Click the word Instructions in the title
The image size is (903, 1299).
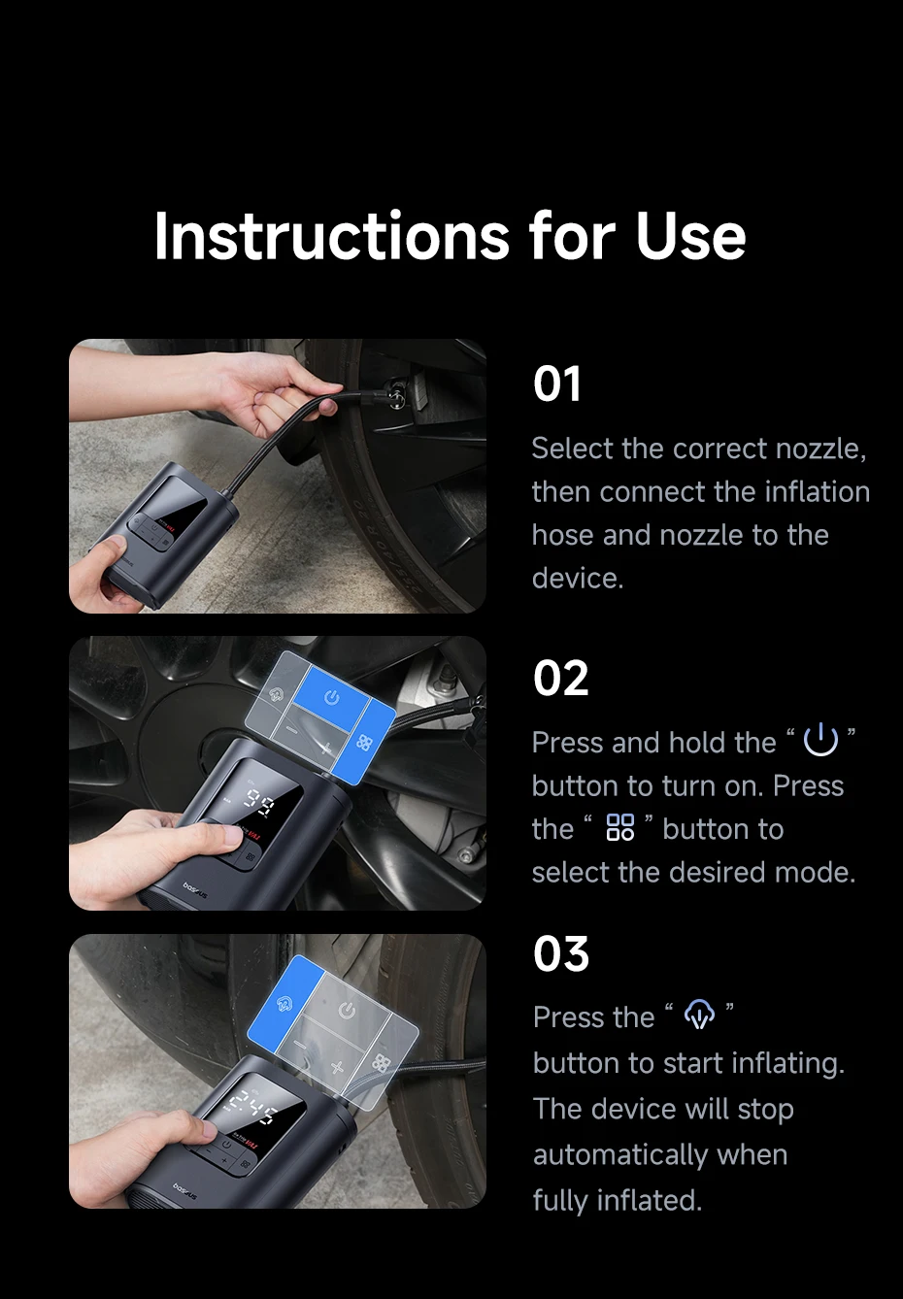(332, 236)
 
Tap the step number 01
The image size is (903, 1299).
(556, 383)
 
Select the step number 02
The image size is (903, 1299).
(561, 678)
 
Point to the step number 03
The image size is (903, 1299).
(561, 954)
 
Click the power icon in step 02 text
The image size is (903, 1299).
(820, 740)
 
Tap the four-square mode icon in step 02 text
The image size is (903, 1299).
(620, 827)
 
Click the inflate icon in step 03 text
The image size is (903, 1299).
(699, 1015)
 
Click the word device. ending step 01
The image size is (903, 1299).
(578, 579)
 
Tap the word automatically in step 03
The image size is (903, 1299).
(660, 1154)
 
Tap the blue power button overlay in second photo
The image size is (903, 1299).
(332, 695)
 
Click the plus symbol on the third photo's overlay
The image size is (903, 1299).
(338, 1068)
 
